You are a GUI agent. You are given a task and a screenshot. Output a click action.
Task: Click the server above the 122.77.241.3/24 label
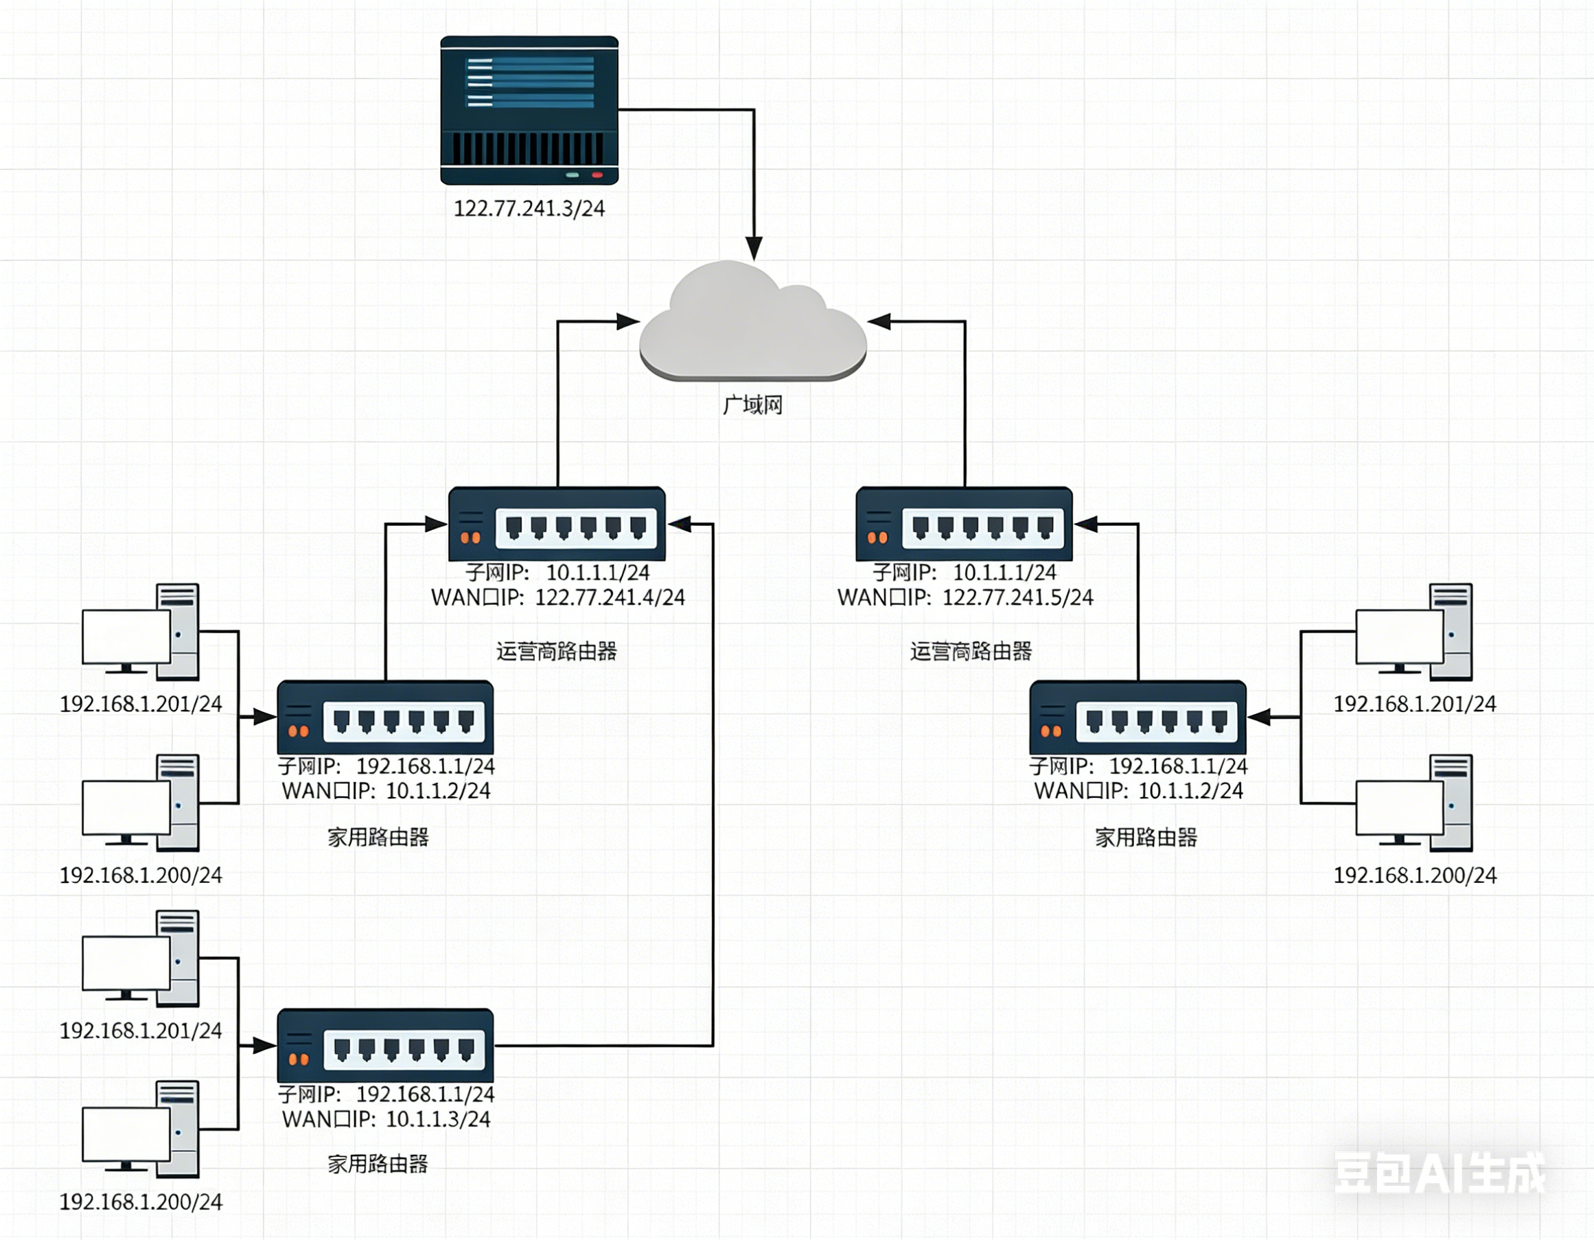[529, 109]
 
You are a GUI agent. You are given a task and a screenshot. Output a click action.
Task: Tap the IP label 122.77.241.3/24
[529, 209]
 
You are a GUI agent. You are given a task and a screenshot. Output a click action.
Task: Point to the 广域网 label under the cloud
[752, 405]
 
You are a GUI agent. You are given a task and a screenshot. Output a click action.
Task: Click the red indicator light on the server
[597, 175]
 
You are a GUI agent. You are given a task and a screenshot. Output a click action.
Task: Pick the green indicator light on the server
[573, 175]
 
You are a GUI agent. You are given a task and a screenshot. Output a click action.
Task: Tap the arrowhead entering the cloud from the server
[753, 248]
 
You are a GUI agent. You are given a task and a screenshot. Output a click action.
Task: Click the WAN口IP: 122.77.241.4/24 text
[557, 598]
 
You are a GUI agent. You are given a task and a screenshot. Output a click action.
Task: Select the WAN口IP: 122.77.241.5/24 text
[965, 598]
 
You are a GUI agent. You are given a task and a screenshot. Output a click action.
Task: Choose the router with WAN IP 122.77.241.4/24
[557, 524]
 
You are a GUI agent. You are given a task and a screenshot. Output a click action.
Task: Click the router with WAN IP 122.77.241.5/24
[964, 524]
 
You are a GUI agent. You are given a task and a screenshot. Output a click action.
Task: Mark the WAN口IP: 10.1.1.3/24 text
[386, 1119]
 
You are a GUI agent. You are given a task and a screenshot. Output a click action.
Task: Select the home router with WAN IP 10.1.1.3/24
[385, 1045]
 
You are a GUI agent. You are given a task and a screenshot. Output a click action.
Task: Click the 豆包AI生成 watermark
[1440, 1173]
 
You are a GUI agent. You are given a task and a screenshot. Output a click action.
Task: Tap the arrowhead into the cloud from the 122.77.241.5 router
[879, 321]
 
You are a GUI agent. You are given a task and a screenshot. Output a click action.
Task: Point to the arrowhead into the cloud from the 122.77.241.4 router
[627, 321]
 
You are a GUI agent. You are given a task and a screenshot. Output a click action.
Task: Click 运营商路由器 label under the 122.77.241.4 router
[557, 651]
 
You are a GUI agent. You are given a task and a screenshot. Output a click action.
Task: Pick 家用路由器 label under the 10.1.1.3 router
[378, 1163]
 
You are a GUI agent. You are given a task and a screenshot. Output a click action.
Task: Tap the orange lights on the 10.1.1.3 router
[299, 1059]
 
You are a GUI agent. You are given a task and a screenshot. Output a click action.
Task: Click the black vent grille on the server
[529, 149]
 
